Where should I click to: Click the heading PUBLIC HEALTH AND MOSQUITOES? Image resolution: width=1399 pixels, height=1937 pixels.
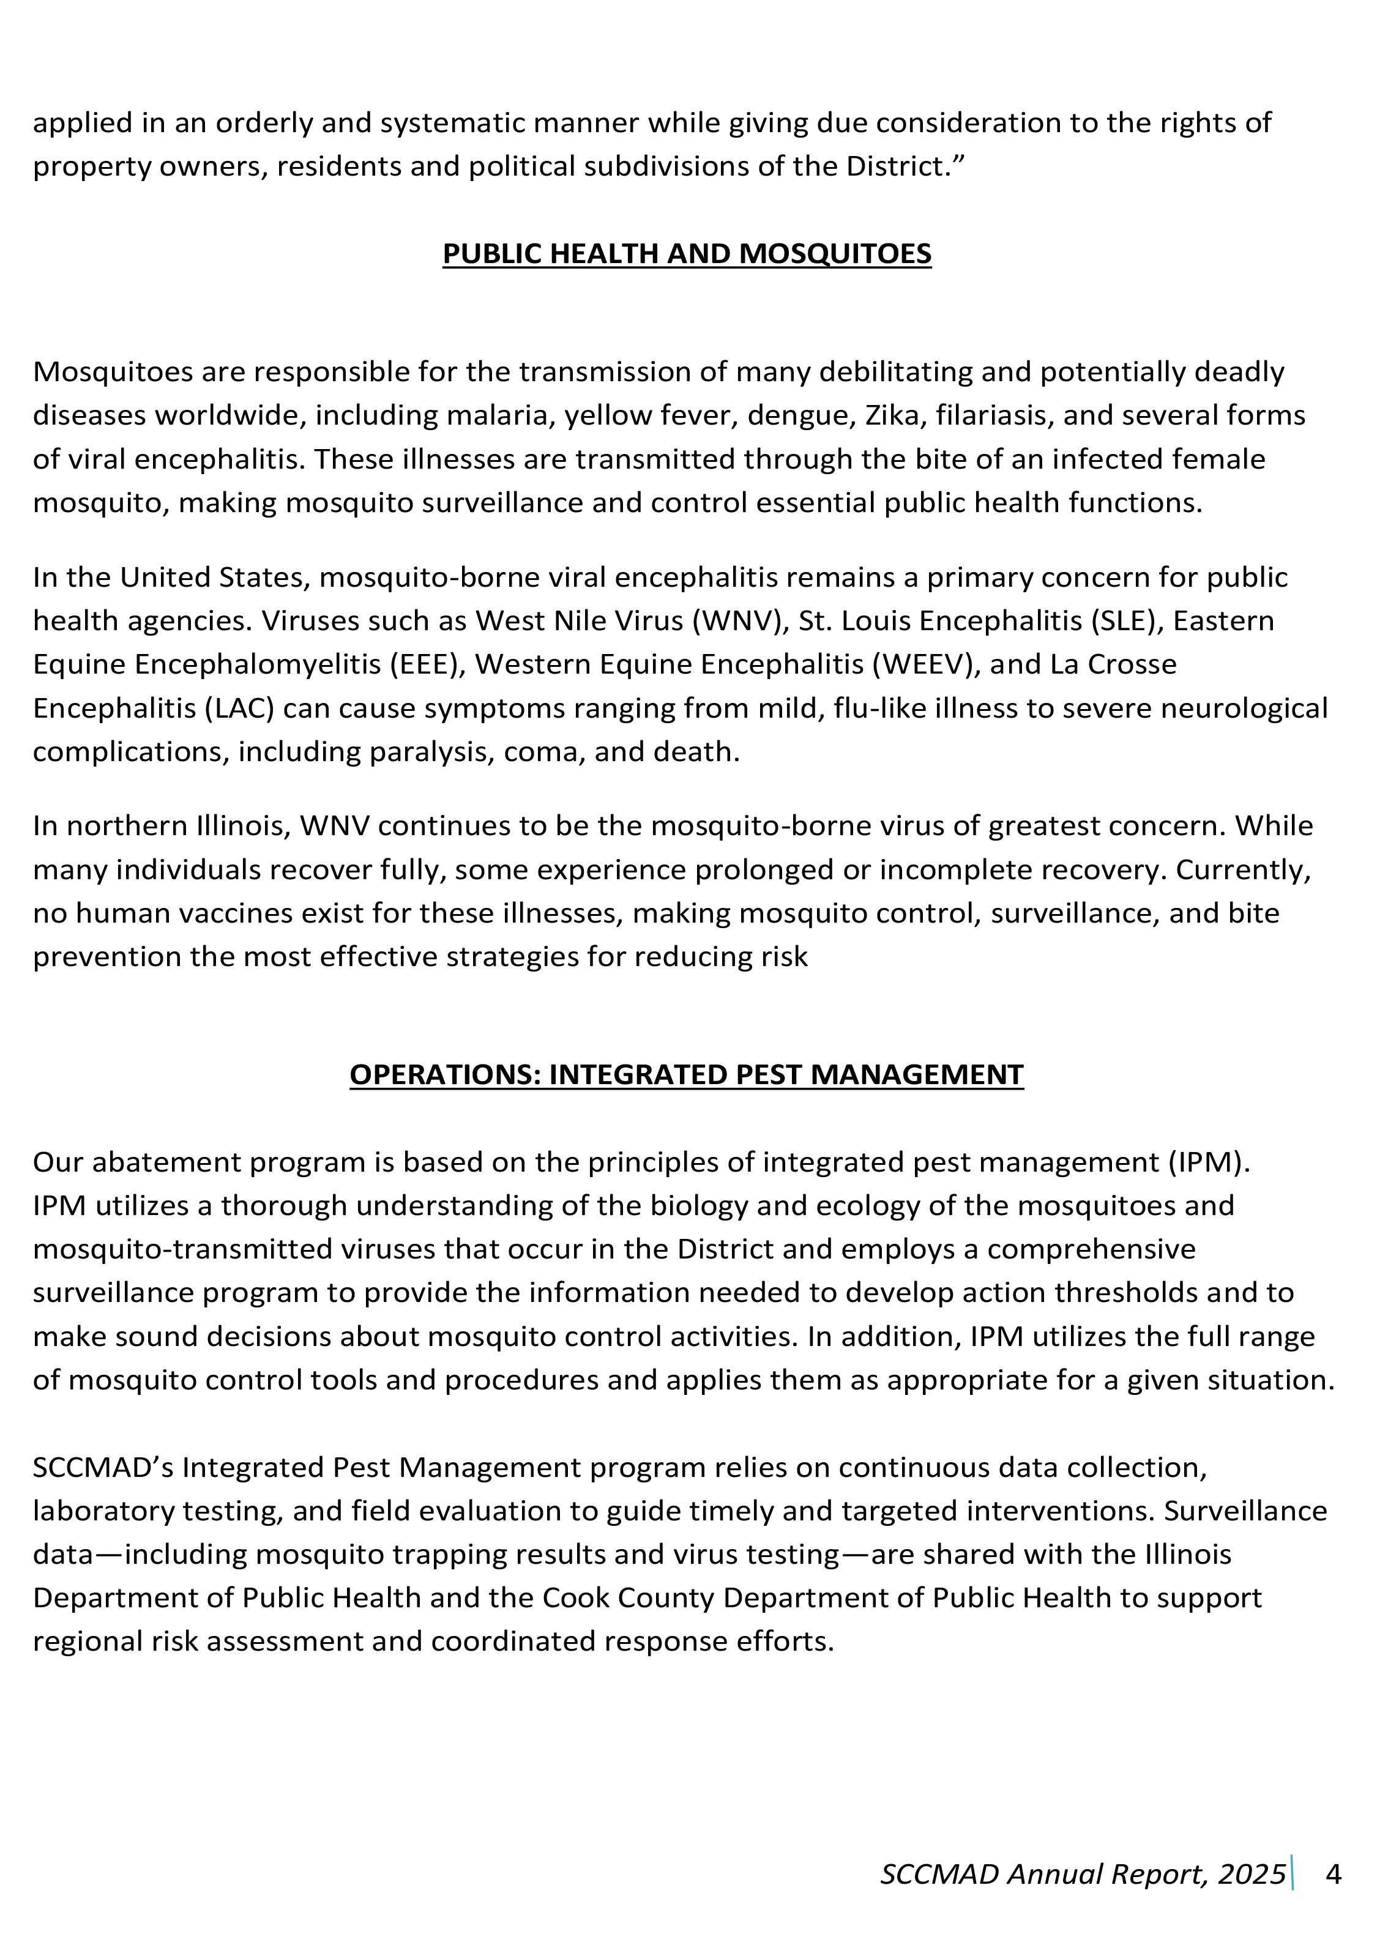(686, 254)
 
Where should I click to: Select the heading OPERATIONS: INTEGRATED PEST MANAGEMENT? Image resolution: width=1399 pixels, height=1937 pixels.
(686, 1074)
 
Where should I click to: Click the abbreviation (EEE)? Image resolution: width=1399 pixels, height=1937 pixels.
(425, 664)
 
